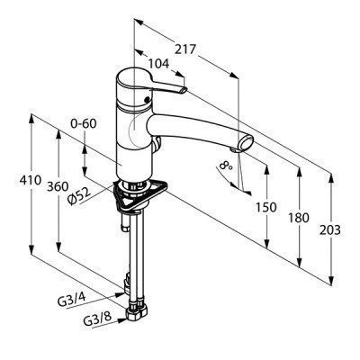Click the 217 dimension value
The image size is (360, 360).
[185, 49]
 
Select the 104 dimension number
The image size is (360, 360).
[158, 64]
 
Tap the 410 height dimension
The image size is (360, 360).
[31, 181]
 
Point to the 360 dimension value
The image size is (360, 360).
[58, 186]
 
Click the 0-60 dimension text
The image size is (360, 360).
[84, 123]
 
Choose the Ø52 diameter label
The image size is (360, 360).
[79, 196]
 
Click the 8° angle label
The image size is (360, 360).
[226, 166]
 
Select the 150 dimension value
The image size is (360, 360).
[265, 207]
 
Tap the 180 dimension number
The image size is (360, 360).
[298, 218]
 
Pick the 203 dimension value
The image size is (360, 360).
[330, 230]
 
